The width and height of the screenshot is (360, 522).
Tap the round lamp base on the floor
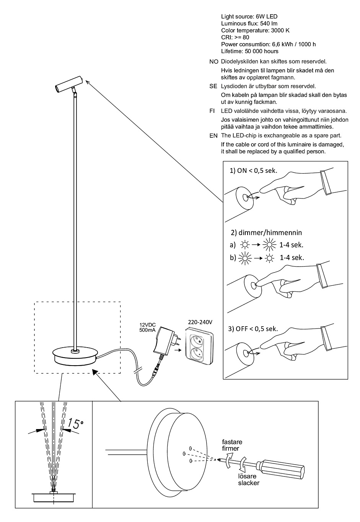pos(75,356)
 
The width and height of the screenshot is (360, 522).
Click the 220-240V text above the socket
pos(199,322)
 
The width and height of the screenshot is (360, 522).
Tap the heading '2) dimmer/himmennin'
pos(266,232)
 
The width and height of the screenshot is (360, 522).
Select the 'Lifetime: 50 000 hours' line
pos(249,51)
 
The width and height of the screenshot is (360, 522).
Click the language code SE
pos(213,86)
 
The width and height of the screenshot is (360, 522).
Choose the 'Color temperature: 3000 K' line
pos(255,31)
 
